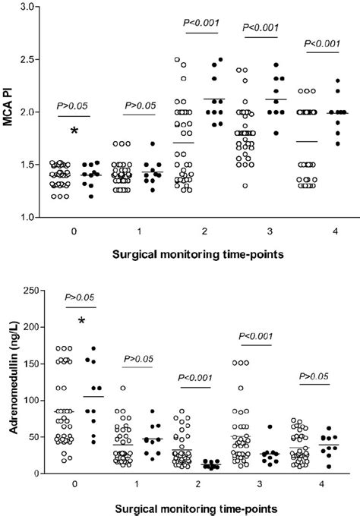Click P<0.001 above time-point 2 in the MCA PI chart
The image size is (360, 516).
point(201,23)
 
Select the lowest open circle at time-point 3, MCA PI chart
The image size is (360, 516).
point(245,185)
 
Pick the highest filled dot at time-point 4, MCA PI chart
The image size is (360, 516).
point(336,80)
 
